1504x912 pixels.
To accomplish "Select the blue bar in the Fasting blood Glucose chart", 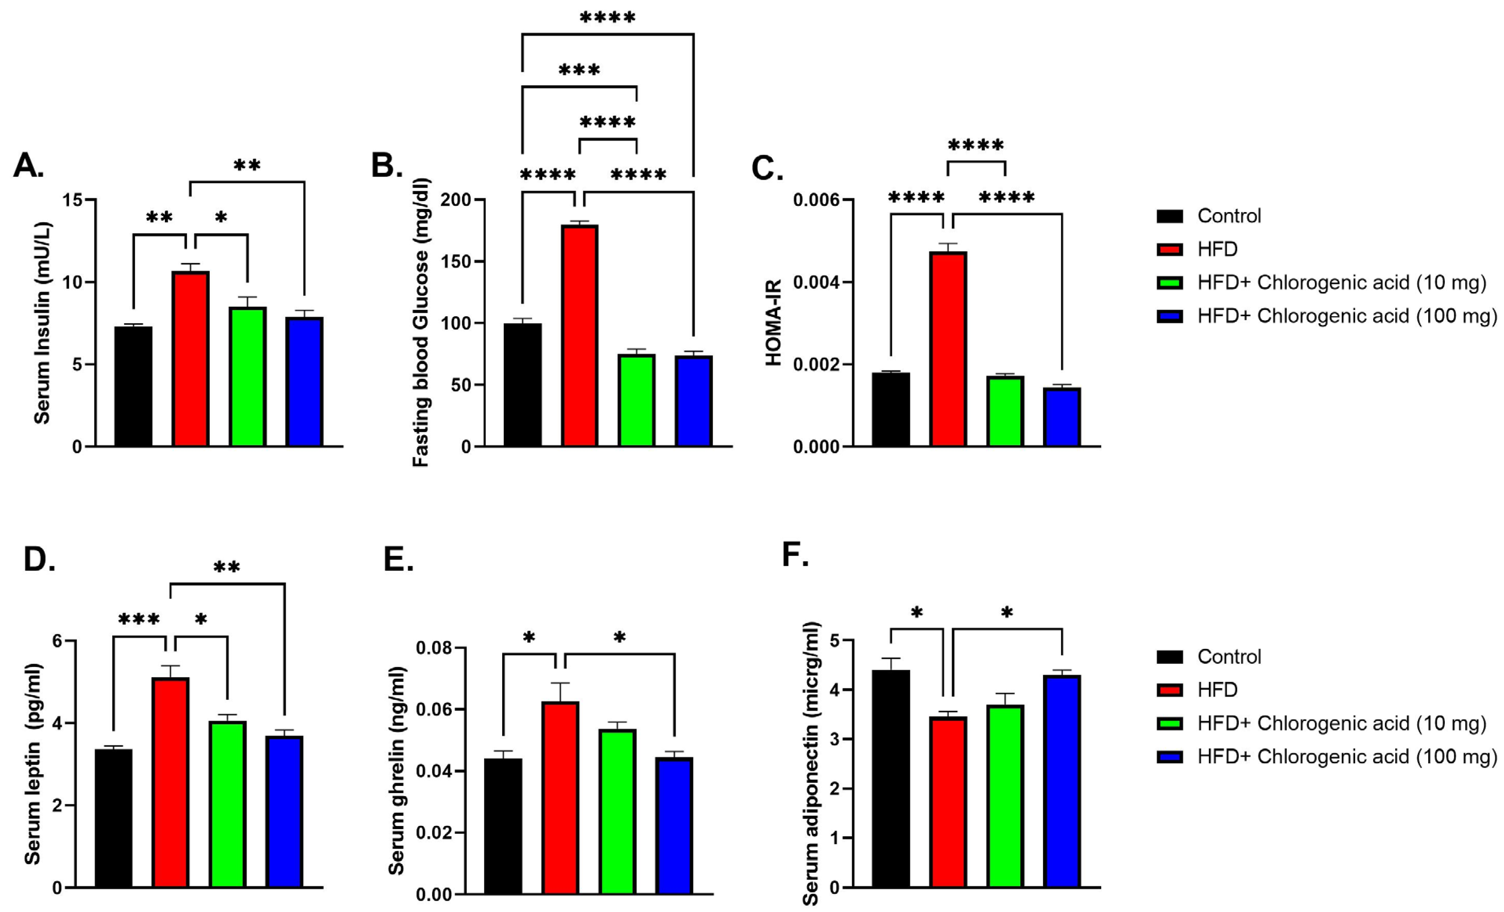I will [693, 401].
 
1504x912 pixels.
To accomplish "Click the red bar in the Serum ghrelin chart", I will [560, 798].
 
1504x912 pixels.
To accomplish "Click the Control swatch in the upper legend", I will [1170, 216].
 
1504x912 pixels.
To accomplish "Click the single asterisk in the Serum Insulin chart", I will [221, 218].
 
